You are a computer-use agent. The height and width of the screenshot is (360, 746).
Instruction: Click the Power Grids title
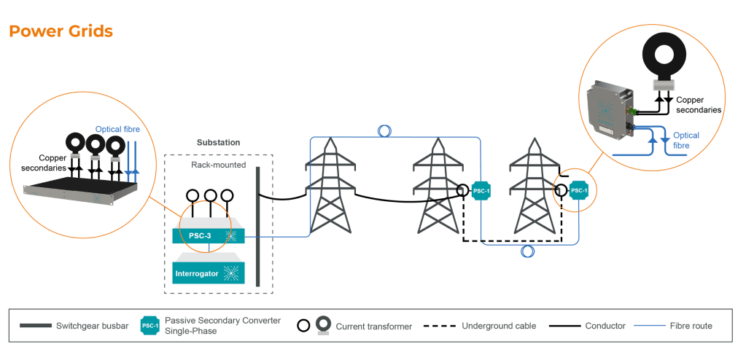61,31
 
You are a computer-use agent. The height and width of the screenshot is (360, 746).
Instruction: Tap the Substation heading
218,142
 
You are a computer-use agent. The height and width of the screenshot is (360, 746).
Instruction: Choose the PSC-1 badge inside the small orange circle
578,191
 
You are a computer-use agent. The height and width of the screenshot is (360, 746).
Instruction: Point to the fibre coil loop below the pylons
527,251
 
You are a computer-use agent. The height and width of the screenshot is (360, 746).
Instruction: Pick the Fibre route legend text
691,326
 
